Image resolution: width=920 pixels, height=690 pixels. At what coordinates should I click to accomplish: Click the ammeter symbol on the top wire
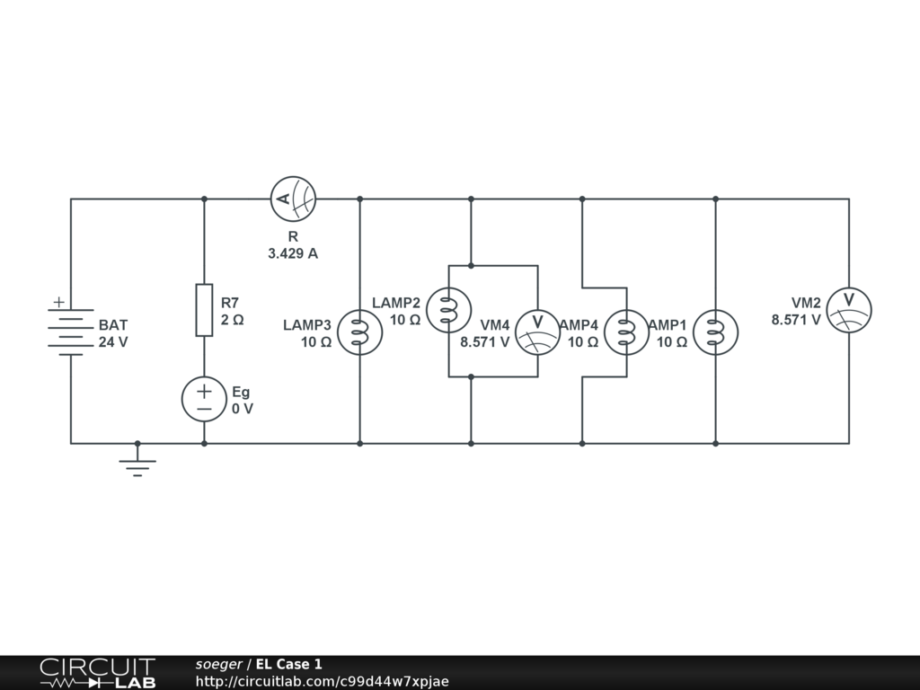pyautogui.click(x=293, y=199)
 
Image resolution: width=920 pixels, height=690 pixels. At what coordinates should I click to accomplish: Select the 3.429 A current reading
pyautogui.click(x=293, y=253)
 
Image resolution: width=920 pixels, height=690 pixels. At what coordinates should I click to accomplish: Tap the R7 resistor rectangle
pyautogui.click(x=204, y=310)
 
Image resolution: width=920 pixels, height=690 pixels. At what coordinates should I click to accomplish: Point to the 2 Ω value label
pyautogui.click(x=232, y=319)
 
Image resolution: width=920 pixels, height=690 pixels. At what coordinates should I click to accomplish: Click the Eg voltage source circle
pyautogui.click(x=204, y=399)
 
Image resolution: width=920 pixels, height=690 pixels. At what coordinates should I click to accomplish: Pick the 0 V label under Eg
pyautogui.click(x=243, y=408)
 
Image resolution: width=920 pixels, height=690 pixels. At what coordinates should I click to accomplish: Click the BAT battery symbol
pyautogui.click(x=71, y=329)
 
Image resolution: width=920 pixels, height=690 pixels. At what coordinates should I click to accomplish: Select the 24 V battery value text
pyautogui.click(x=113, y=341)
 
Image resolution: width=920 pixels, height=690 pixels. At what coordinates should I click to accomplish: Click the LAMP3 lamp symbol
pyautogui.click(x=359, y=332)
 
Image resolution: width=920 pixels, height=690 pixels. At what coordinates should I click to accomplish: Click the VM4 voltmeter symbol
pyautogui.click(x=537, y=332)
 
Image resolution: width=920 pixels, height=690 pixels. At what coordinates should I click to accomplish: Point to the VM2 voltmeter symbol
pyautogui.click(x=848, y=310)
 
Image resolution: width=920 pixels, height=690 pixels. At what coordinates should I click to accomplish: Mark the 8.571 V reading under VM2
pyautogui.click(x=796, y=319)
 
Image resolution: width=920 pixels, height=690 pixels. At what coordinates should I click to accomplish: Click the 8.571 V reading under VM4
pyautogui.click(x=485, y=341)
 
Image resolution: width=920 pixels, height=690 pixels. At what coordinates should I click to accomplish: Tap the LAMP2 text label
pyautogui.click(x=396, y=302)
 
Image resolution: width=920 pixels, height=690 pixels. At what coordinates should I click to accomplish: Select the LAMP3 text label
pyautogui.click(x=307, y=324)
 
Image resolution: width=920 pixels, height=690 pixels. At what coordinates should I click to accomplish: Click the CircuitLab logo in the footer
pyautogui.click(x=96, y=673)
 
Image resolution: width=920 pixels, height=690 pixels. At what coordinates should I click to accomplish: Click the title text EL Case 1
pyautogui.click(x=288, y=665)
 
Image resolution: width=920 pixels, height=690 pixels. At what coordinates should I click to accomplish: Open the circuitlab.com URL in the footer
pyautogui.click(x=322, y=681)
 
